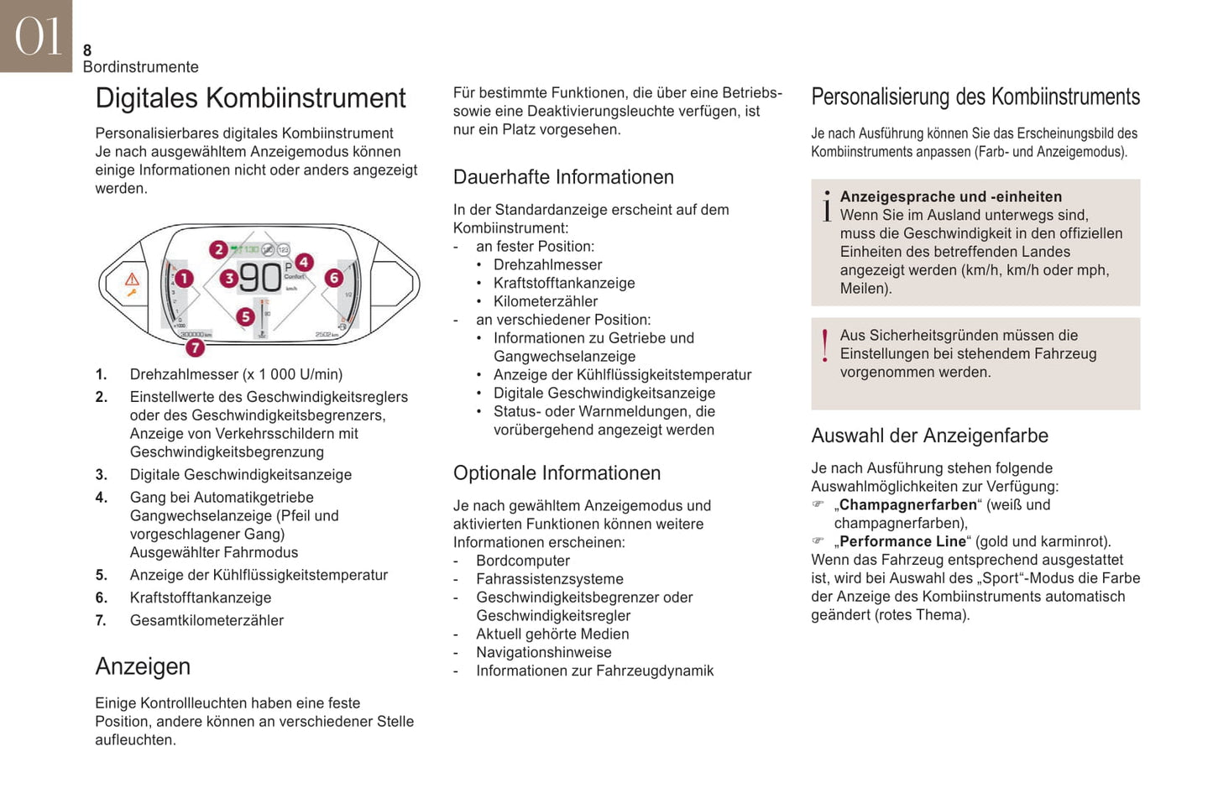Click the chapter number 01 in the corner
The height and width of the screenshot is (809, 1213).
tap(38, 36)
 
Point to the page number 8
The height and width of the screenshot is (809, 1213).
tap(87, 50)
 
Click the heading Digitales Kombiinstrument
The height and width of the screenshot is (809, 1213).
tap(250, 98)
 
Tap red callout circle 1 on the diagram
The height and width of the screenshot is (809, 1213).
tap(184, 278)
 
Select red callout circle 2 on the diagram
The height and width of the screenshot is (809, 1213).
tap(218, 249)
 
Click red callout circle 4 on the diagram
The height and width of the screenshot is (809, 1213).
tap(304, 263)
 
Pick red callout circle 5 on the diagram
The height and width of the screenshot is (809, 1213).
tap(245, 316)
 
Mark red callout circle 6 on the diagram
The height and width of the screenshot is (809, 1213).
tap(334, 278)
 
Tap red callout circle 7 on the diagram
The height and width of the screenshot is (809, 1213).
tap(195, 347)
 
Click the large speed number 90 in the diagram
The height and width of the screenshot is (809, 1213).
tap(260, 278)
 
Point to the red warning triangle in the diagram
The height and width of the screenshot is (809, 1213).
tap(132, 279)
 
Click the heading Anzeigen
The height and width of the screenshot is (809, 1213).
tap(143, 666)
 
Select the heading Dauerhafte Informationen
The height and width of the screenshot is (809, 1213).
tap(563, 177)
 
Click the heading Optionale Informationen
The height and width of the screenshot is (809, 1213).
tap(557, 473)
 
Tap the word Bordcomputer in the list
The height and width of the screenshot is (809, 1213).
tap(522, 561)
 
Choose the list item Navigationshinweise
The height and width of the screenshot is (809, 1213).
tap(543, 652)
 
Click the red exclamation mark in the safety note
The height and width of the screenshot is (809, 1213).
tap(825, 346)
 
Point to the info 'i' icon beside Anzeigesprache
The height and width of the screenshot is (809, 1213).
tap(827, 206)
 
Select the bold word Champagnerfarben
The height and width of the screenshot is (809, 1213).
tap(908, 504)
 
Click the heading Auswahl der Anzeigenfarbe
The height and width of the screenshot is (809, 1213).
tap(929, 436)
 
